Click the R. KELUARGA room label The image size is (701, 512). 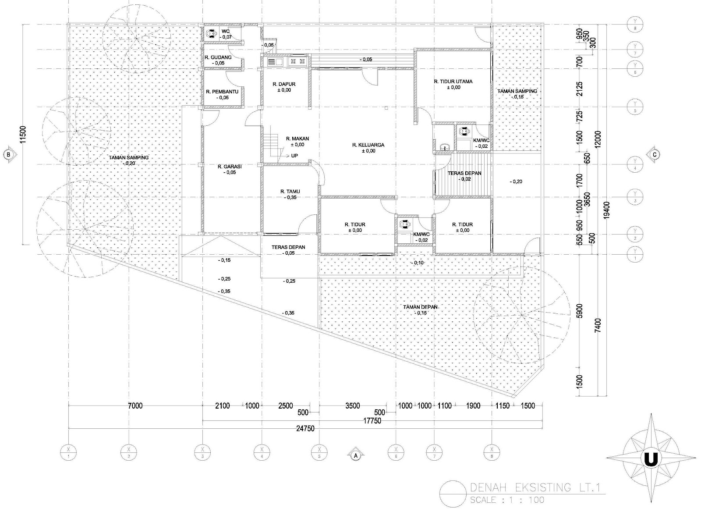365,145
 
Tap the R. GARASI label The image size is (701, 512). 230,167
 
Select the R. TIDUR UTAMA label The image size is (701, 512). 453,82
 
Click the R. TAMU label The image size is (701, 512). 290,192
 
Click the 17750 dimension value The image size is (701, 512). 372,421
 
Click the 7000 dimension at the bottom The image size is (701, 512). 135,406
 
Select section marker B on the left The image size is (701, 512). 8,154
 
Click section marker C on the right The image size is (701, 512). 654,154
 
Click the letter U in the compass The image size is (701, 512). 650,471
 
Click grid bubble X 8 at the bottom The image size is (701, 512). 491,451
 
